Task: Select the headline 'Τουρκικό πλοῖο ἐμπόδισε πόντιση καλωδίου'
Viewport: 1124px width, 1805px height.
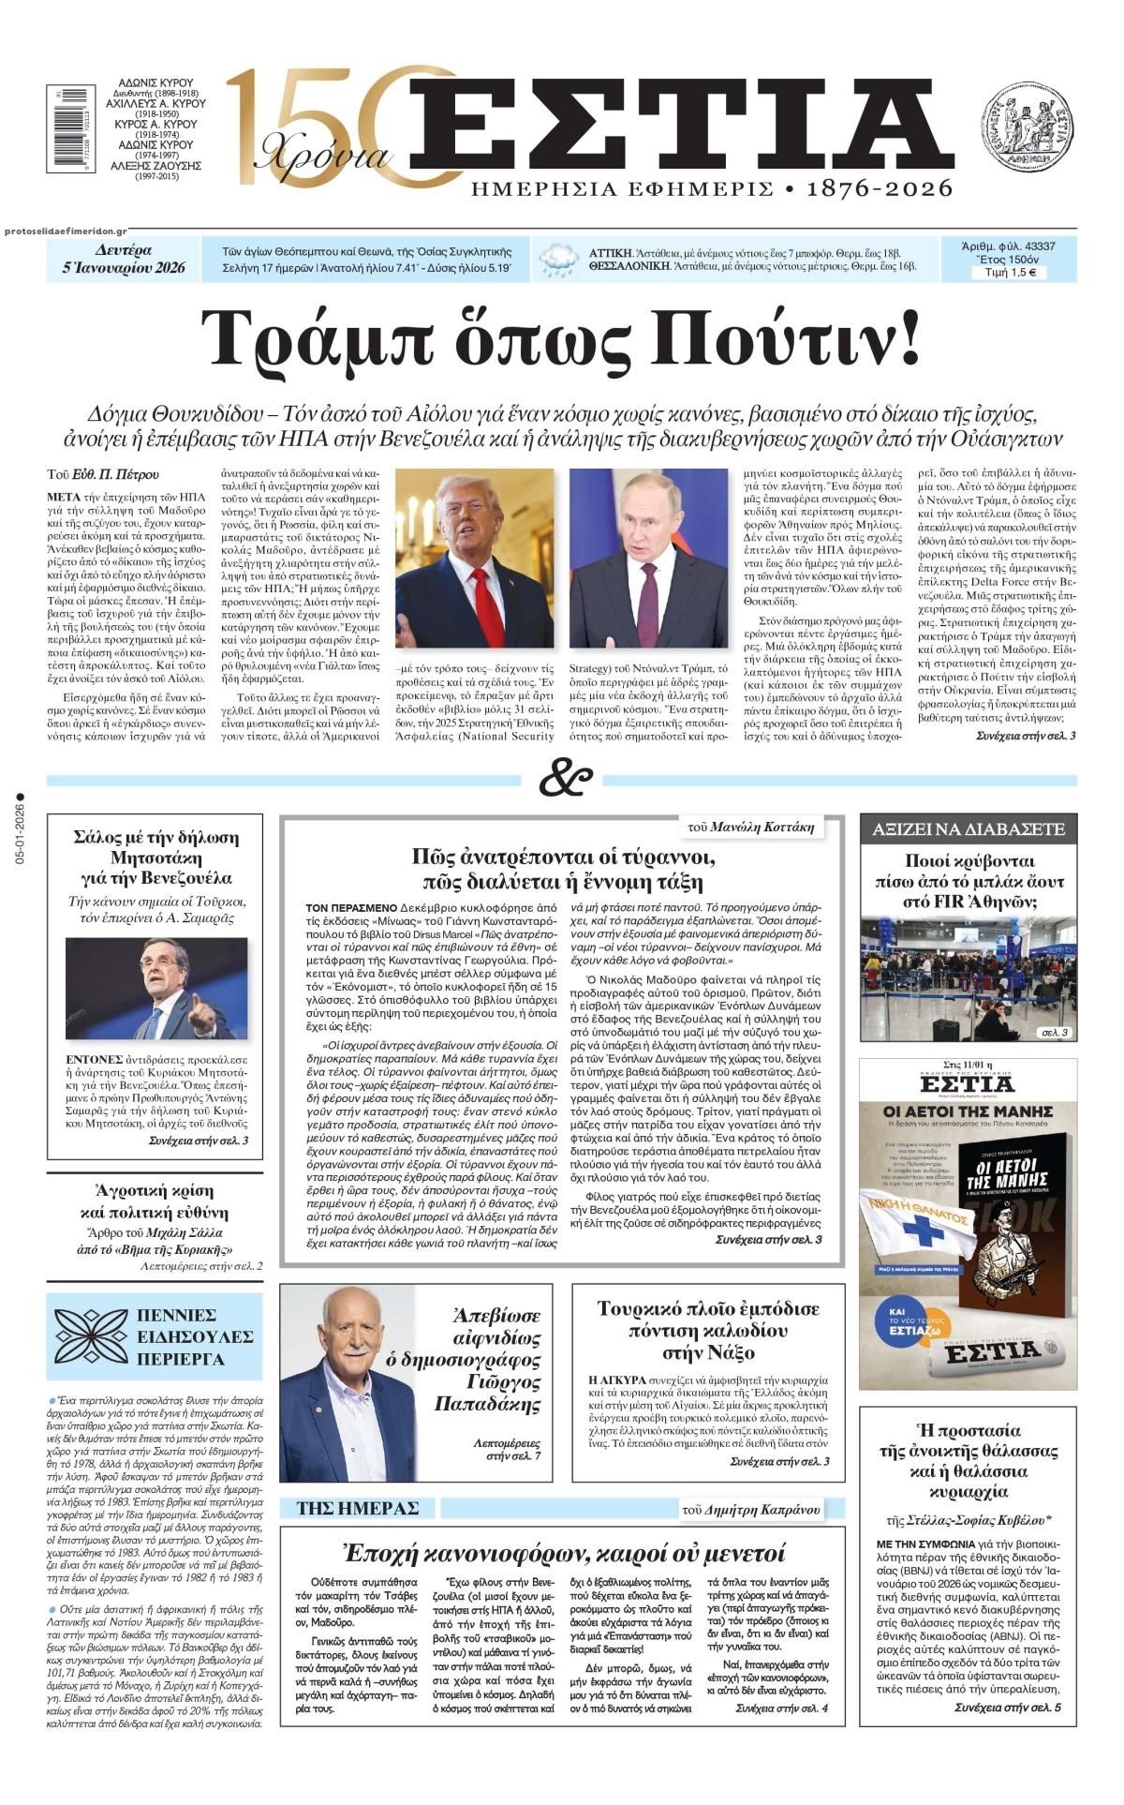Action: coord(708,1330)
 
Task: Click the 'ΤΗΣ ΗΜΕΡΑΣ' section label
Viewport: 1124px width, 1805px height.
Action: coord(357,1508)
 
